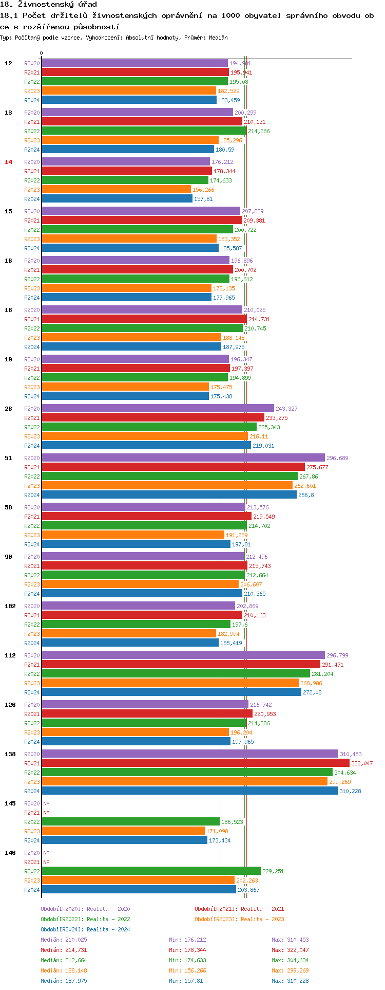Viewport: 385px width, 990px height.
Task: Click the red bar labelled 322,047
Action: [x=195, y=763]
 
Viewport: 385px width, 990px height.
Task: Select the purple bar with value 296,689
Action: [x=183, y=458]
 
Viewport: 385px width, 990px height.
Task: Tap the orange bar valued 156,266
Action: [x=116, y=190]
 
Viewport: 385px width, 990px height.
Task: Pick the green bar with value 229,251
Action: [x=151, y=871]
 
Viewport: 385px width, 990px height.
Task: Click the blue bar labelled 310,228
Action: [x=189, y=791]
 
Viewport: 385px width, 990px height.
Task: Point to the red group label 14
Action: [x=8, y=162]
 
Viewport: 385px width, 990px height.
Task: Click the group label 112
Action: [x=10, y=655]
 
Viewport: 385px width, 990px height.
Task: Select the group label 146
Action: [x=10, y=853]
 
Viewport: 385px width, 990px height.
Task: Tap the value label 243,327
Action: [x=286, y=409]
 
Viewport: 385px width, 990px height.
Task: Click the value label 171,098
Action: [x=217, y=831]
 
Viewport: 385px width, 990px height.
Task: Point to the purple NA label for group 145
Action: [x=46, y=803]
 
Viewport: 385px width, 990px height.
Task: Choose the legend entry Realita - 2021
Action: [x=239, y=909]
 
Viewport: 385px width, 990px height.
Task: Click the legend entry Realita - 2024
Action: [x=85, y=929]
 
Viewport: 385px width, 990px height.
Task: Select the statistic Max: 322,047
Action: [x=290, y=950]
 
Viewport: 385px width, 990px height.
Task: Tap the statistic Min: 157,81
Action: [x=186, y=981]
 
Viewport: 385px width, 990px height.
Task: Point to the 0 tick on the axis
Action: [x=42, y=53]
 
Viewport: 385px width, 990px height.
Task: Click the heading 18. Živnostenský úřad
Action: [x=48, y=5]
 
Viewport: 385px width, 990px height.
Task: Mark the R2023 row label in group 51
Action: [x=32, y=486]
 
